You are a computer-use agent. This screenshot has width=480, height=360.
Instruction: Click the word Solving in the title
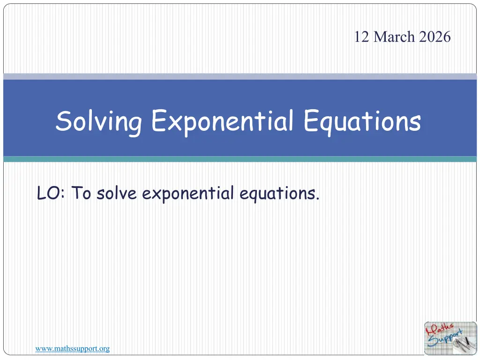pyautogui.click(x=98, y=122)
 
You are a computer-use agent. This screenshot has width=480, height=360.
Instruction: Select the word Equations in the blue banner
pyautogui.click(x=362, y=122)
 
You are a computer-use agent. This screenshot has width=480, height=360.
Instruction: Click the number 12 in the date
pyautogui.click(x=361, y=37)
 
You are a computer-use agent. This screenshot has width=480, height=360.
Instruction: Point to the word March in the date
pyautogui.click(x=394, y=37)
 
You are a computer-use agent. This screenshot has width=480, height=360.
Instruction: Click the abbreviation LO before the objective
pyautogui.click(x=48, y=193)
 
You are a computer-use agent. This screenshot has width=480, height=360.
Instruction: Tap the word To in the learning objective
pyautogui.click(x=82, y=193)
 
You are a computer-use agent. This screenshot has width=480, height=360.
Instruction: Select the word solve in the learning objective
pyautogui.click(x=117, y=193)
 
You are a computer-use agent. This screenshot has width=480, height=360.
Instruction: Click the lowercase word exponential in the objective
pyautogui.click(x=188, y=194)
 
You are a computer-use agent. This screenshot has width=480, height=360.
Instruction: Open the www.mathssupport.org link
pyautogui.click(x=73, y=349)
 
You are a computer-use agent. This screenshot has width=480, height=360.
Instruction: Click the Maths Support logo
pyautogui.click(x=450, y=338)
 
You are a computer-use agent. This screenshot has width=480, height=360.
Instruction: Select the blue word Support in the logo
pyautogui.click(x=444, y=338)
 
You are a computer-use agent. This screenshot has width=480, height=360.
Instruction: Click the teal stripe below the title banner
pyautogui.click(x=240, y=159)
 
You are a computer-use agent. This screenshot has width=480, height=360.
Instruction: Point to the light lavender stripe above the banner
pyautogui.click(x=240, y=76)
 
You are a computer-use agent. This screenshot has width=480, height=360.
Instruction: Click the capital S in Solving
pyautogui.click(x=64, y=121)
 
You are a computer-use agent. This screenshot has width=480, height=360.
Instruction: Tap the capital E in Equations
pyautogui.click(x=311, y=120)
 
